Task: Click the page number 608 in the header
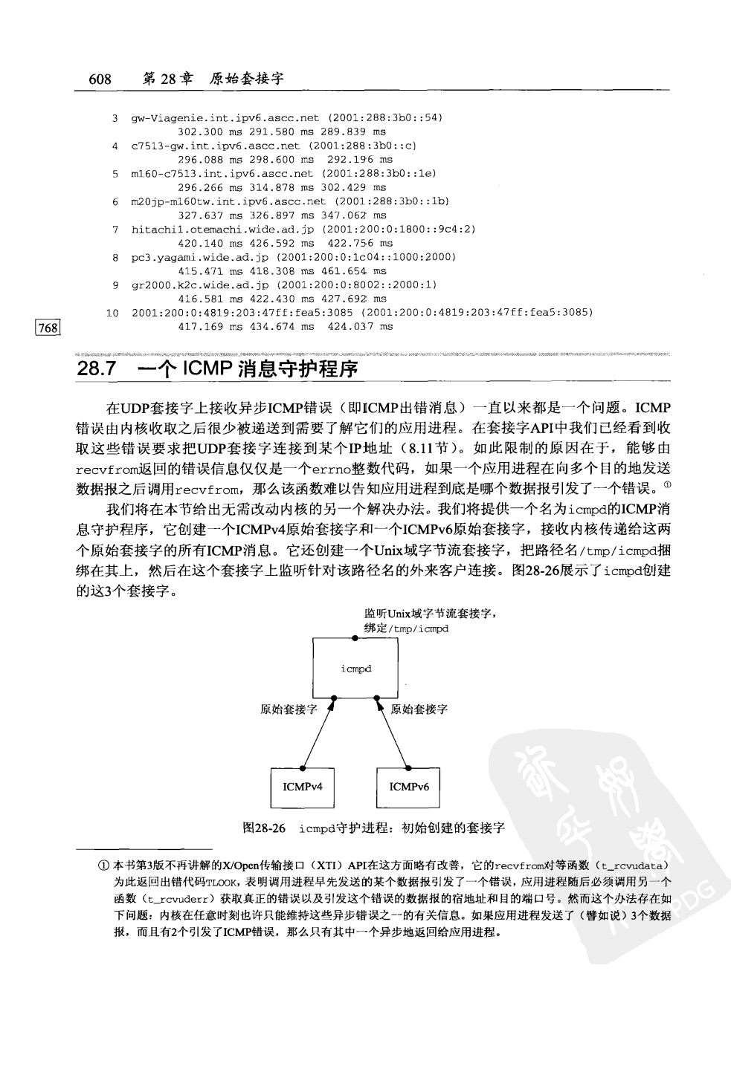coord(100,79)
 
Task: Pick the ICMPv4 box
coord(302,786)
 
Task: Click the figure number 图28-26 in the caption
coord(264,828)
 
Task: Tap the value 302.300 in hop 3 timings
coord(201,131)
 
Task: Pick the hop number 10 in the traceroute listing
coord(112,313)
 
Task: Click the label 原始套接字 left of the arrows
coord(289,709)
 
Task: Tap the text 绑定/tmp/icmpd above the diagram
coord(406,629)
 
